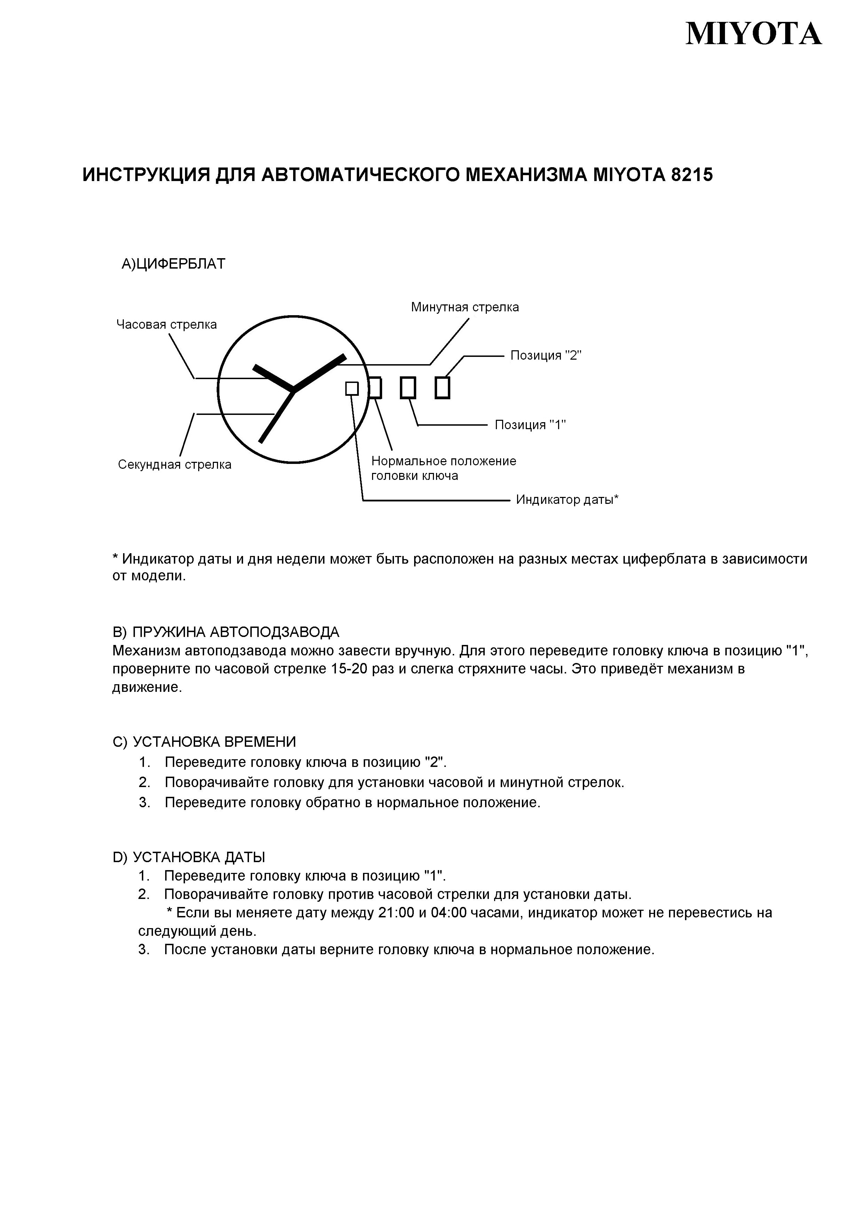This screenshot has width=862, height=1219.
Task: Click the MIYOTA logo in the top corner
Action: pos(753,34)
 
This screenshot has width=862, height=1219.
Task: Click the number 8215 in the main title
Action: pos(692,175)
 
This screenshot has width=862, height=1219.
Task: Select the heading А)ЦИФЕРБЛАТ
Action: pos(173,264)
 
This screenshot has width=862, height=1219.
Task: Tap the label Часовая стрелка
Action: pos(166,325)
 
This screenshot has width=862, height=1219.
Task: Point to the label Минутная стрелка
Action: pos(465,307)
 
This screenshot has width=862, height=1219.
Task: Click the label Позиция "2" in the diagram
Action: pos(546,355)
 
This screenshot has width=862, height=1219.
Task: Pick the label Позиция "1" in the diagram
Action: pos(530,425)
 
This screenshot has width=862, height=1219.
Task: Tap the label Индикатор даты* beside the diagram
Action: pos(567,500)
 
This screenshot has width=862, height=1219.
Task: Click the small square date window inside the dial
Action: pos(352,388)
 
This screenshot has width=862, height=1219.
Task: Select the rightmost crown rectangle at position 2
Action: pos(442,387)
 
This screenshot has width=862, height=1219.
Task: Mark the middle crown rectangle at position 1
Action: pos(408,387)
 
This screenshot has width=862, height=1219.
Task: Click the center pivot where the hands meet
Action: pos(293,391)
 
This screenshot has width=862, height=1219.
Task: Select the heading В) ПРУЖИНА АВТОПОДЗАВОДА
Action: pos(226,632)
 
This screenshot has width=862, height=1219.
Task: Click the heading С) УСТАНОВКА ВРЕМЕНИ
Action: pos(204,742)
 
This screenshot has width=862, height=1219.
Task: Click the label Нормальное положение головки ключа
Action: pos(443,468)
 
